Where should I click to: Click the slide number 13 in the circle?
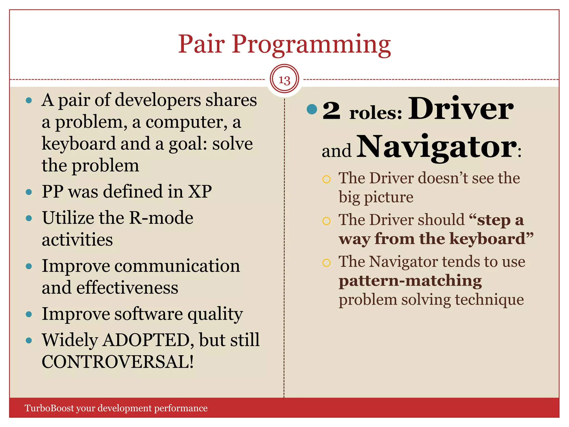(x=284, y=80)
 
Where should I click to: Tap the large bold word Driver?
(x=461, y=109)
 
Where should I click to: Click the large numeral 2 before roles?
(x=331, y=111)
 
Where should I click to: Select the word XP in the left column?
(x=200, y=191)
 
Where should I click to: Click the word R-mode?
(x=161, y=218)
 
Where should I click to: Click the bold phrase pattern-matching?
(x=410, y=281)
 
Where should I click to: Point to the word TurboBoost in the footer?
(x=49, y=408)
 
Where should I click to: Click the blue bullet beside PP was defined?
(x=29, y=192)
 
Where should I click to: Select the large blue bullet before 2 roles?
(x=312, y=109)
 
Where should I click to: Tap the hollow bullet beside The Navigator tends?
(x=326, y=263)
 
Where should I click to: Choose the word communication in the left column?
(x=177, y=266)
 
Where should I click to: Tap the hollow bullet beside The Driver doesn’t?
(x=326, y=179)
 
